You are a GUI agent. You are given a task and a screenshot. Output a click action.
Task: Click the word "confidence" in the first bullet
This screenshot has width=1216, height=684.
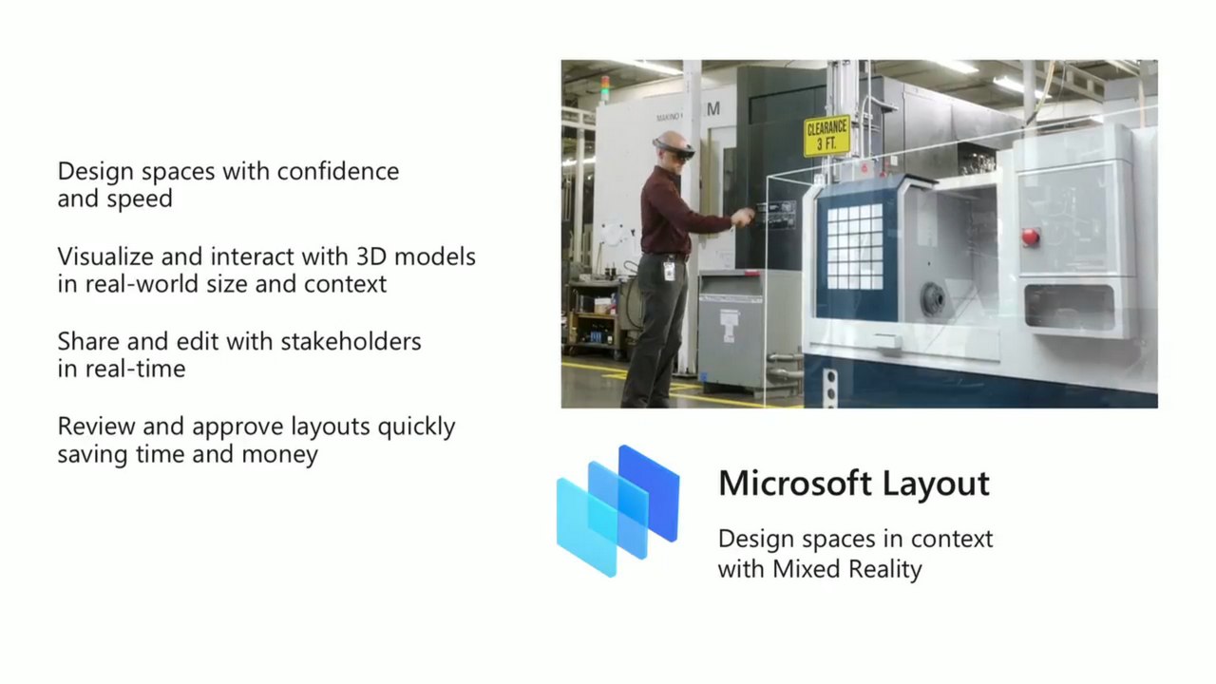pyautogui.click(x=338, y=172)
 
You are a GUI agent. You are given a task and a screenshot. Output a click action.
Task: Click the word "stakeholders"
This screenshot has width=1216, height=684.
pyautogui.click(x=351, y=341)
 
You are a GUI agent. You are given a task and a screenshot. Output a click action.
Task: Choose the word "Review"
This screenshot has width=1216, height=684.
pyautogui.click(x=97, y=427)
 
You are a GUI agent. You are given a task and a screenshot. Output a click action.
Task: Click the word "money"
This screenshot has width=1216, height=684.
pyautogui.click(x=279, y=454)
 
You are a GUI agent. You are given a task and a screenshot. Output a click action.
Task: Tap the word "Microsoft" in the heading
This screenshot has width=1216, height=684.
pyautogui.click(x=795, y=484)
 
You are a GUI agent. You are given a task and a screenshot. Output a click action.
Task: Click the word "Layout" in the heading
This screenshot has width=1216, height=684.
pyautogui.click(x=936, y=484)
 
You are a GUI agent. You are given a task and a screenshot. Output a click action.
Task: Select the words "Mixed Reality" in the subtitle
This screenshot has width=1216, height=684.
pyautogui.click(x=846, y=569)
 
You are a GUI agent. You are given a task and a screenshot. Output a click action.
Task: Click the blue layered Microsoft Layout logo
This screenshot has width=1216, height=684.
pyautogui.click(x=617, y=511)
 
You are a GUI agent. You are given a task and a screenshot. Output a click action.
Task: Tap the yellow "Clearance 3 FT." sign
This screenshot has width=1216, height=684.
pyautogui.click(x=826, y=136)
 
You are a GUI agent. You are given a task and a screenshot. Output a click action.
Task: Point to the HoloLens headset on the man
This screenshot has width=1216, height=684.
pyautogui.click(x=674, y=149)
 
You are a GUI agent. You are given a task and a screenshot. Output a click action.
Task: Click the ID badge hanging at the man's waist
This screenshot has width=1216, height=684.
pyautogui.click(x=669, y=270)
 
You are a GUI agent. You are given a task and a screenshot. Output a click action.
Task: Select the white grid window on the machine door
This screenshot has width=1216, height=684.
pyautogui.click(x=854, y=246)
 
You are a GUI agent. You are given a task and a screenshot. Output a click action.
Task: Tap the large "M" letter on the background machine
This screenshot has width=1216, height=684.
pyautogui.click(x=712, y=109)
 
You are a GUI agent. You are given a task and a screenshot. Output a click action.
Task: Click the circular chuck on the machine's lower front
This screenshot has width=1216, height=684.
pyautogui.click(x=934, y=299)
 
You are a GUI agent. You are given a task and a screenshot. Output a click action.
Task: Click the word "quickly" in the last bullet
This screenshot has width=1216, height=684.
pyautogui.click(x=416, y=427)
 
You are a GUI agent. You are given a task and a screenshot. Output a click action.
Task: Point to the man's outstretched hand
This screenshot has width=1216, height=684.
pyautogui.click(x=742, y=218)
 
